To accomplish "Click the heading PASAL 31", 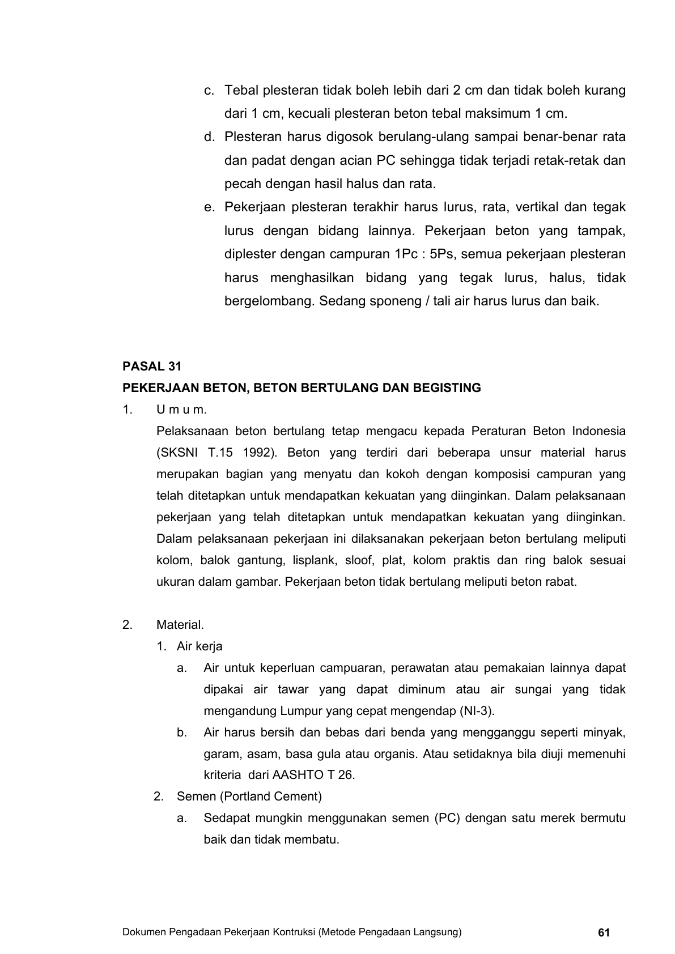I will tap(152, 366).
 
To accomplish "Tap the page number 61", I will tap(604, 932).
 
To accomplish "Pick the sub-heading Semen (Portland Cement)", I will tap(249, 797).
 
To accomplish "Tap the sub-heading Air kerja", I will tap(199, 646).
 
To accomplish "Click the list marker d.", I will tap(210, 137).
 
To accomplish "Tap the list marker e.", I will tap(210, 207).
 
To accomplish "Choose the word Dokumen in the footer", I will tap(143, 932).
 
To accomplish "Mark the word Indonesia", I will tap(598, 431).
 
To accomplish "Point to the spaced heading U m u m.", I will tap(181, 410).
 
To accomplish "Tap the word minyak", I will tap(606, 732).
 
